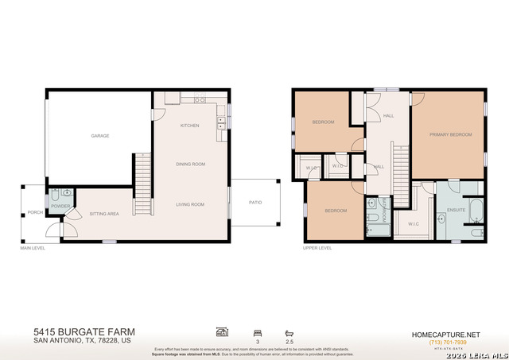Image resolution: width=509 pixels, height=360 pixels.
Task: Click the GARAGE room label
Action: pos(99,136)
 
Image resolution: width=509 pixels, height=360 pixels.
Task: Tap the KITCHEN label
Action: pos(189,126)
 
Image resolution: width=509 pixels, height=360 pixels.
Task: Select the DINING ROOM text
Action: pos(191,164)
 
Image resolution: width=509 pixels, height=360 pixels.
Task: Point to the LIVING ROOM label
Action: pos(191,204)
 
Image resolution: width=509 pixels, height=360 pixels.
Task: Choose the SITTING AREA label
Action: pos(104,214)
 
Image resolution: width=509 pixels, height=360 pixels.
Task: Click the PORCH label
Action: pos(35,212)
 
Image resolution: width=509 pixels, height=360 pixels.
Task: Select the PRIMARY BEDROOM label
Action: pos(446,134)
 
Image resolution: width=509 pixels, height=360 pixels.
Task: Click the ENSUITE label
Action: pos(456,210)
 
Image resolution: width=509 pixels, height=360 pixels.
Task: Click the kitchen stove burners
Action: pos(199,100)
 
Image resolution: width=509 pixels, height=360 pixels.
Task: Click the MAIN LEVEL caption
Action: pos(33,248)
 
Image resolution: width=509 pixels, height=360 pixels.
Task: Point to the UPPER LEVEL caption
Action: pos(317,248)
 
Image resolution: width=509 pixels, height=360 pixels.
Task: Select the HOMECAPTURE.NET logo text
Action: pos(445,334)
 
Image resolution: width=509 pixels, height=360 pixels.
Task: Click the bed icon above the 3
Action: pos(256,332)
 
